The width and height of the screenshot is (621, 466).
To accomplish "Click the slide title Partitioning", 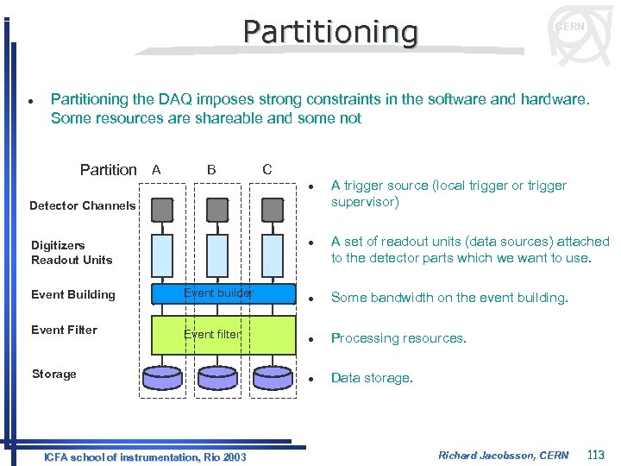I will point(330,32).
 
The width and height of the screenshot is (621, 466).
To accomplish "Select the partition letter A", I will point(155,170).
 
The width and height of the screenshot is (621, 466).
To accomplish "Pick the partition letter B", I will point(211,170).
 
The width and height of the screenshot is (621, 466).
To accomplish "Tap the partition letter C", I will point(267,170).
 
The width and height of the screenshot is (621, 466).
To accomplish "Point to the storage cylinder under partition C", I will point(273,377).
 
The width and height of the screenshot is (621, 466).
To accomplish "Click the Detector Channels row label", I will point(82,205).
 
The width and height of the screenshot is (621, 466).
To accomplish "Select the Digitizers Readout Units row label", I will point(72,253).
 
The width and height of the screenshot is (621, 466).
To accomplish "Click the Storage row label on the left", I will point(53,374).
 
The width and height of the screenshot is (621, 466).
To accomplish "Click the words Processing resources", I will point(398,338).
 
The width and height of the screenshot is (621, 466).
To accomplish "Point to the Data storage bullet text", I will point(372,378).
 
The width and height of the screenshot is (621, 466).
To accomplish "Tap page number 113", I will point(595,455).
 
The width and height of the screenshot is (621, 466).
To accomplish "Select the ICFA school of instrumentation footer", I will point(145,457).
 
